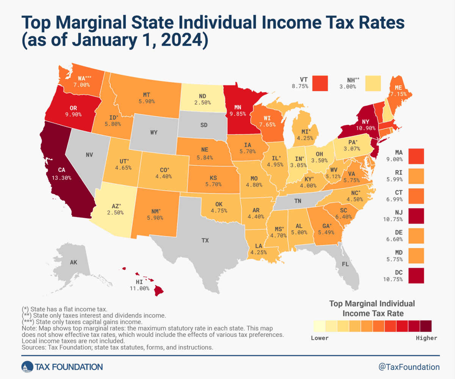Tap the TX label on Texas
205,240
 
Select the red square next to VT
320,83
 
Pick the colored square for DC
416,276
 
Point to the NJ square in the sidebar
416,215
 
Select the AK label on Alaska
74,262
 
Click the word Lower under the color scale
320,338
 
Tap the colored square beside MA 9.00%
416,155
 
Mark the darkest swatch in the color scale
426,326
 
